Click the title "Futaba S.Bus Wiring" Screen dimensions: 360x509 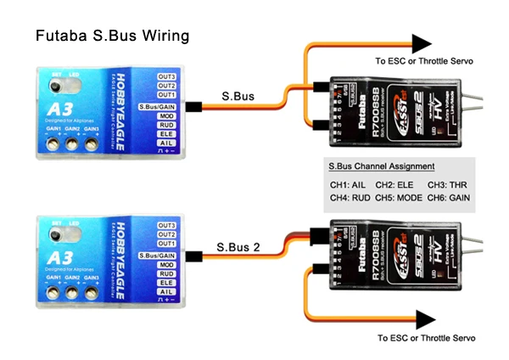click(112, 37)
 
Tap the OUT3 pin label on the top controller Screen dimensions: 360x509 click(166, 76)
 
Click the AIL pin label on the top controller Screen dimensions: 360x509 click(166, 143)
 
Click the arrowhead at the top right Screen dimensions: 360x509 click(422, 42)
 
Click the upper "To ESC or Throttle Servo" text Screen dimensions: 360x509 click(424, 61)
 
